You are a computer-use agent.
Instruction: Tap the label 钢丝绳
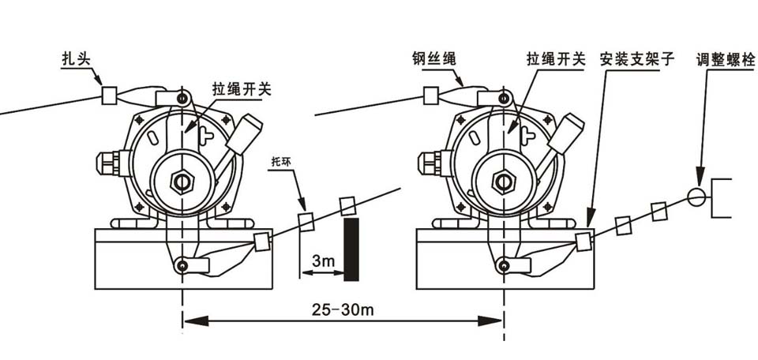tap(434, 58)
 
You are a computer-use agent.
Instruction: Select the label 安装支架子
tap(637, 59)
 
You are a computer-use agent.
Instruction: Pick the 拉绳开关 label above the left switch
tap(242, 89)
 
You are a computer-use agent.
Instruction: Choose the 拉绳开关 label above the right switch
tap(556, 59)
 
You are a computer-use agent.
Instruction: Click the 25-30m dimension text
tap(343, 309)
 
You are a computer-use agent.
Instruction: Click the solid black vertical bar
tap(351, 249)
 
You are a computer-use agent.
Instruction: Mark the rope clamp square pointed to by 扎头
tap(111, 96)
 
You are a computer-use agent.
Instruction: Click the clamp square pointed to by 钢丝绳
tap(433, 96)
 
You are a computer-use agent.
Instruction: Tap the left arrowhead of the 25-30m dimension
tap(194, 321)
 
